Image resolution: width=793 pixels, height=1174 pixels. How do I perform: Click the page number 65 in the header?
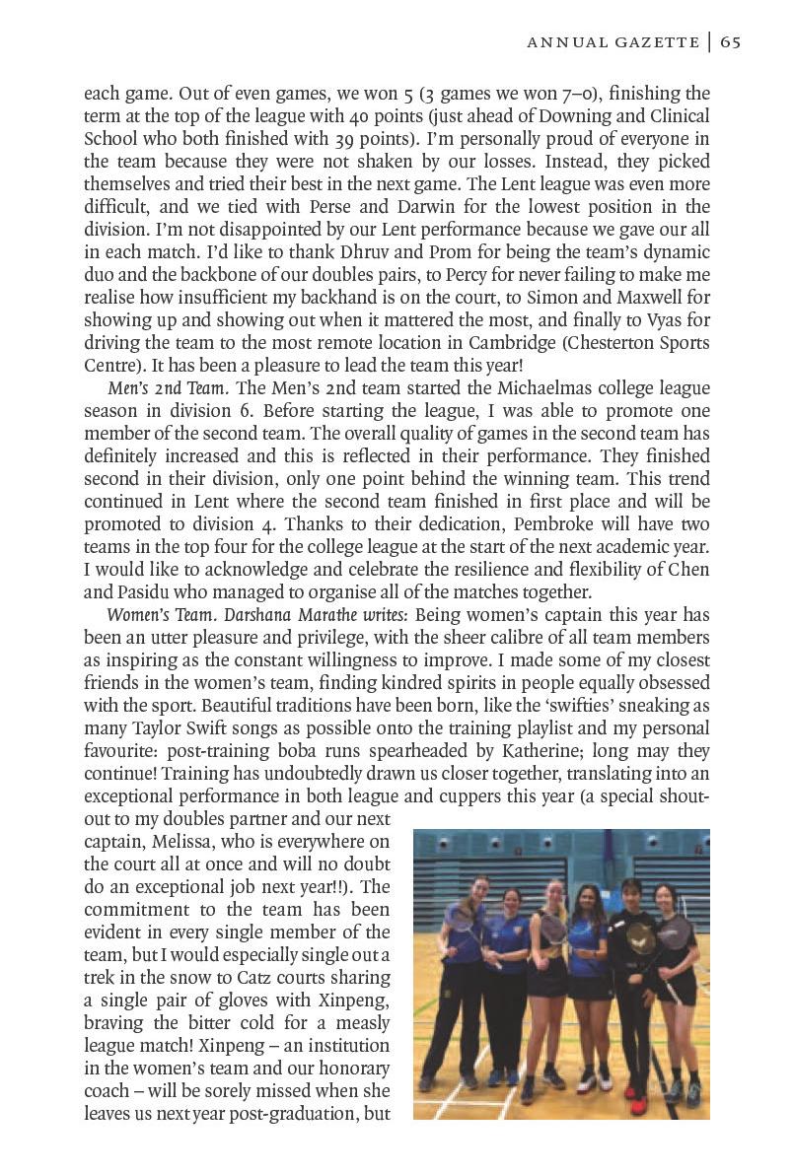tap(730, 41)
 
